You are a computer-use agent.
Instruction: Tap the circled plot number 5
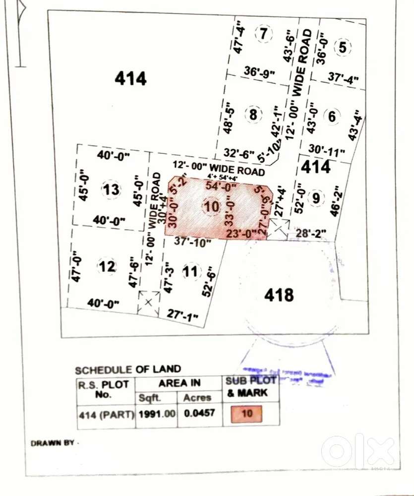(343, 48)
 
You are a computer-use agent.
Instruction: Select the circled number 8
(254, 115)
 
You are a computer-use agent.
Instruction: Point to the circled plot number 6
(332, 117)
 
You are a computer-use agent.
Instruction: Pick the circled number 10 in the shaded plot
(211, 207)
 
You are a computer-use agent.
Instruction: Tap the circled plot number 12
(107, 267)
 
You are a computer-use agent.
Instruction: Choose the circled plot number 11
(190, 271)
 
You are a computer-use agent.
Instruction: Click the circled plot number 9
(315, 198)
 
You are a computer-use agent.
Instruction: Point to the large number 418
(279, 296)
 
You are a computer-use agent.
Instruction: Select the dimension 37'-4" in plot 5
(343, 78)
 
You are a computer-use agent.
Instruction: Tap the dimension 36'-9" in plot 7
(259, 72)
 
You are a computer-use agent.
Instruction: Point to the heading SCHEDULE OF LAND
(128, 370)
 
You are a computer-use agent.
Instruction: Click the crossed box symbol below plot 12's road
(149, 302)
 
